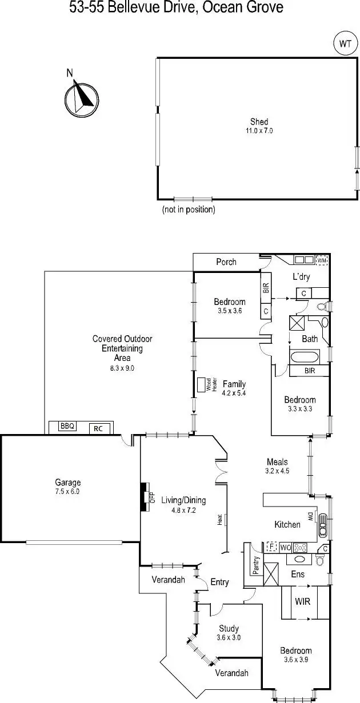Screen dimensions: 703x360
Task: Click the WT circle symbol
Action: pos(345,43)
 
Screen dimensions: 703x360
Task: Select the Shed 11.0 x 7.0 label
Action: pos(259,126)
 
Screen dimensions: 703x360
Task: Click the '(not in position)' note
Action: pos(189,210)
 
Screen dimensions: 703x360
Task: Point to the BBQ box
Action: pos(68,426)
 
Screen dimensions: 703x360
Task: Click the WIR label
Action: pos(302,602)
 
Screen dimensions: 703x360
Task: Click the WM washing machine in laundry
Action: pos(322,260)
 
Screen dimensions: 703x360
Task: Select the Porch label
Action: pos(226,262)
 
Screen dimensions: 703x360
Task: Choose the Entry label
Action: pos(219,582)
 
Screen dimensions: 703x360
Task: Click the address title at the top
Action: pos(176,8)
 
